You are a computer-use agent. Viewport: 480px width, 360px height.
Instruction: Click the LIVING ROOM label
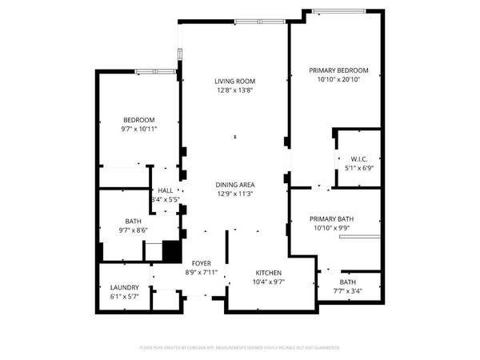234,81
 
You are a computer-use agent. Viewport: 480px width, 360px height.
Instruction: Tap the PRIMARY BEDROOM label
338,70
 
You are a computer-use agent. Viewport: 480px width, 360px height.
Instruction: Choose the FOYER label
202,263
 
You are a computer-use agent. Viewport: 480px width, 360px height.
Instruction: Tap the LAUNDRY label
125,288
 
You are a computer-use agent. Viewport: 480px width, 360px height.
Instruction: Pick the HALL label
166,191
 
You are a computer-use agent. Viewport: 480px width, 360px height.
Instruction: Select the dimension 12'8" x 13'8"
234,90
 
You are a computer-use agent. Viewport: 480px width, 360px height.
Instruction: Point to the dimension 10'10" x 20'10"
338,80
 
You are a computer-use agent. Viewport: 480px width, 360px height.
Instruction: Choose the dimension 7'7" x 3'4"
347,292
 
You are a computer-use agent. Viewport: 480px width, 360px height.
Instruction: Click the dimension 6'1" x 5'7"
125,298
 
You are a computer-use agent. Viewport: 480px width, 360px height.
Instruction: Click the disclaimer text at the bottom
240,348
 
